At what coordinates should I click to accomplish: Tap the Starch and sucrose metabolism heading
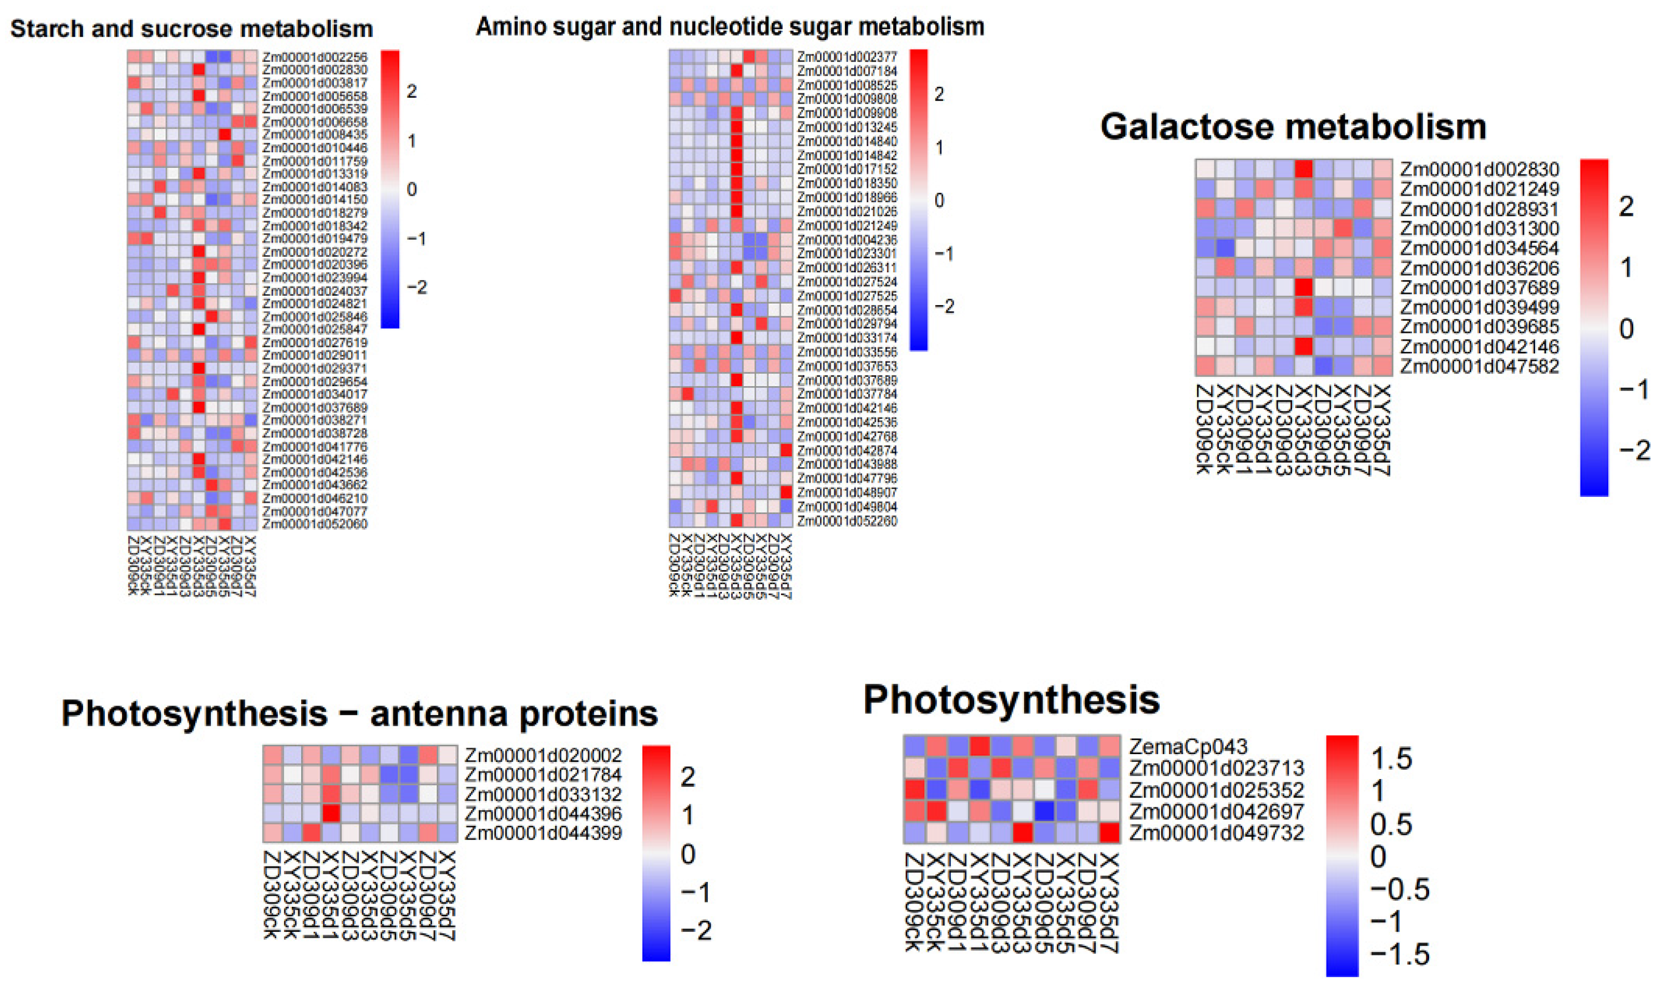[x=192, y=29]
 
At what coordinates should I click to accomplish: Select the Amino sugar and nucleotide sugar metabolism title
[x=730, y=26]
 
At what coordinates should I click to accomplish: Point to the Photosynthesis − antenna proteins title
[x=359, y=714]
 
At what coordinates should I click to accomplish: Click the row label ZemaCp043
[x=1188, y=747]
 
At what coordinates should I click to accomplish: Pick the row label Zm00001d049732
[x=1216, y=833]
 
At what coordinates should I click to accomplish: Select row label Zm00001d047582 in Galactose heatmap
[x=1479, y=366]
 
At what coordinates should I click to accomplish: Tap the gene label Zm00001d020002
[x=543, y=755]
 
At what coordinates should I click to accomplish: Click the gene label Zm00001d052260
[x=846, y=521]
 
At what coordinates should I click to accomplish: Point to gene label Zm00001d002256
[x=314, y=57]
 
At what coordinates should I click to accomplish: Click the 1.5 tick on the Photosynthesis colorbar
[x=1391, y=758]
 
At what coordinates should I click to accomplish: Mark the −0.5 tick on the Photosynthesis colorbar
[x=1399, y=889]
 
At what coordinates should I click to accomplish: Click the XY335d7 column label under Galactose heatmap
[x=1382, y=430]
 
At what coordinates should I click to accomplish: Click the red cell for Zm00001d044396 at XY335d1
[x=331, y=813]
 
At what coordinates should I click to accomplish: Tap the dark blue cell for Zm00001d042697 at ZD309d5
[x=1046, y=811]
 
